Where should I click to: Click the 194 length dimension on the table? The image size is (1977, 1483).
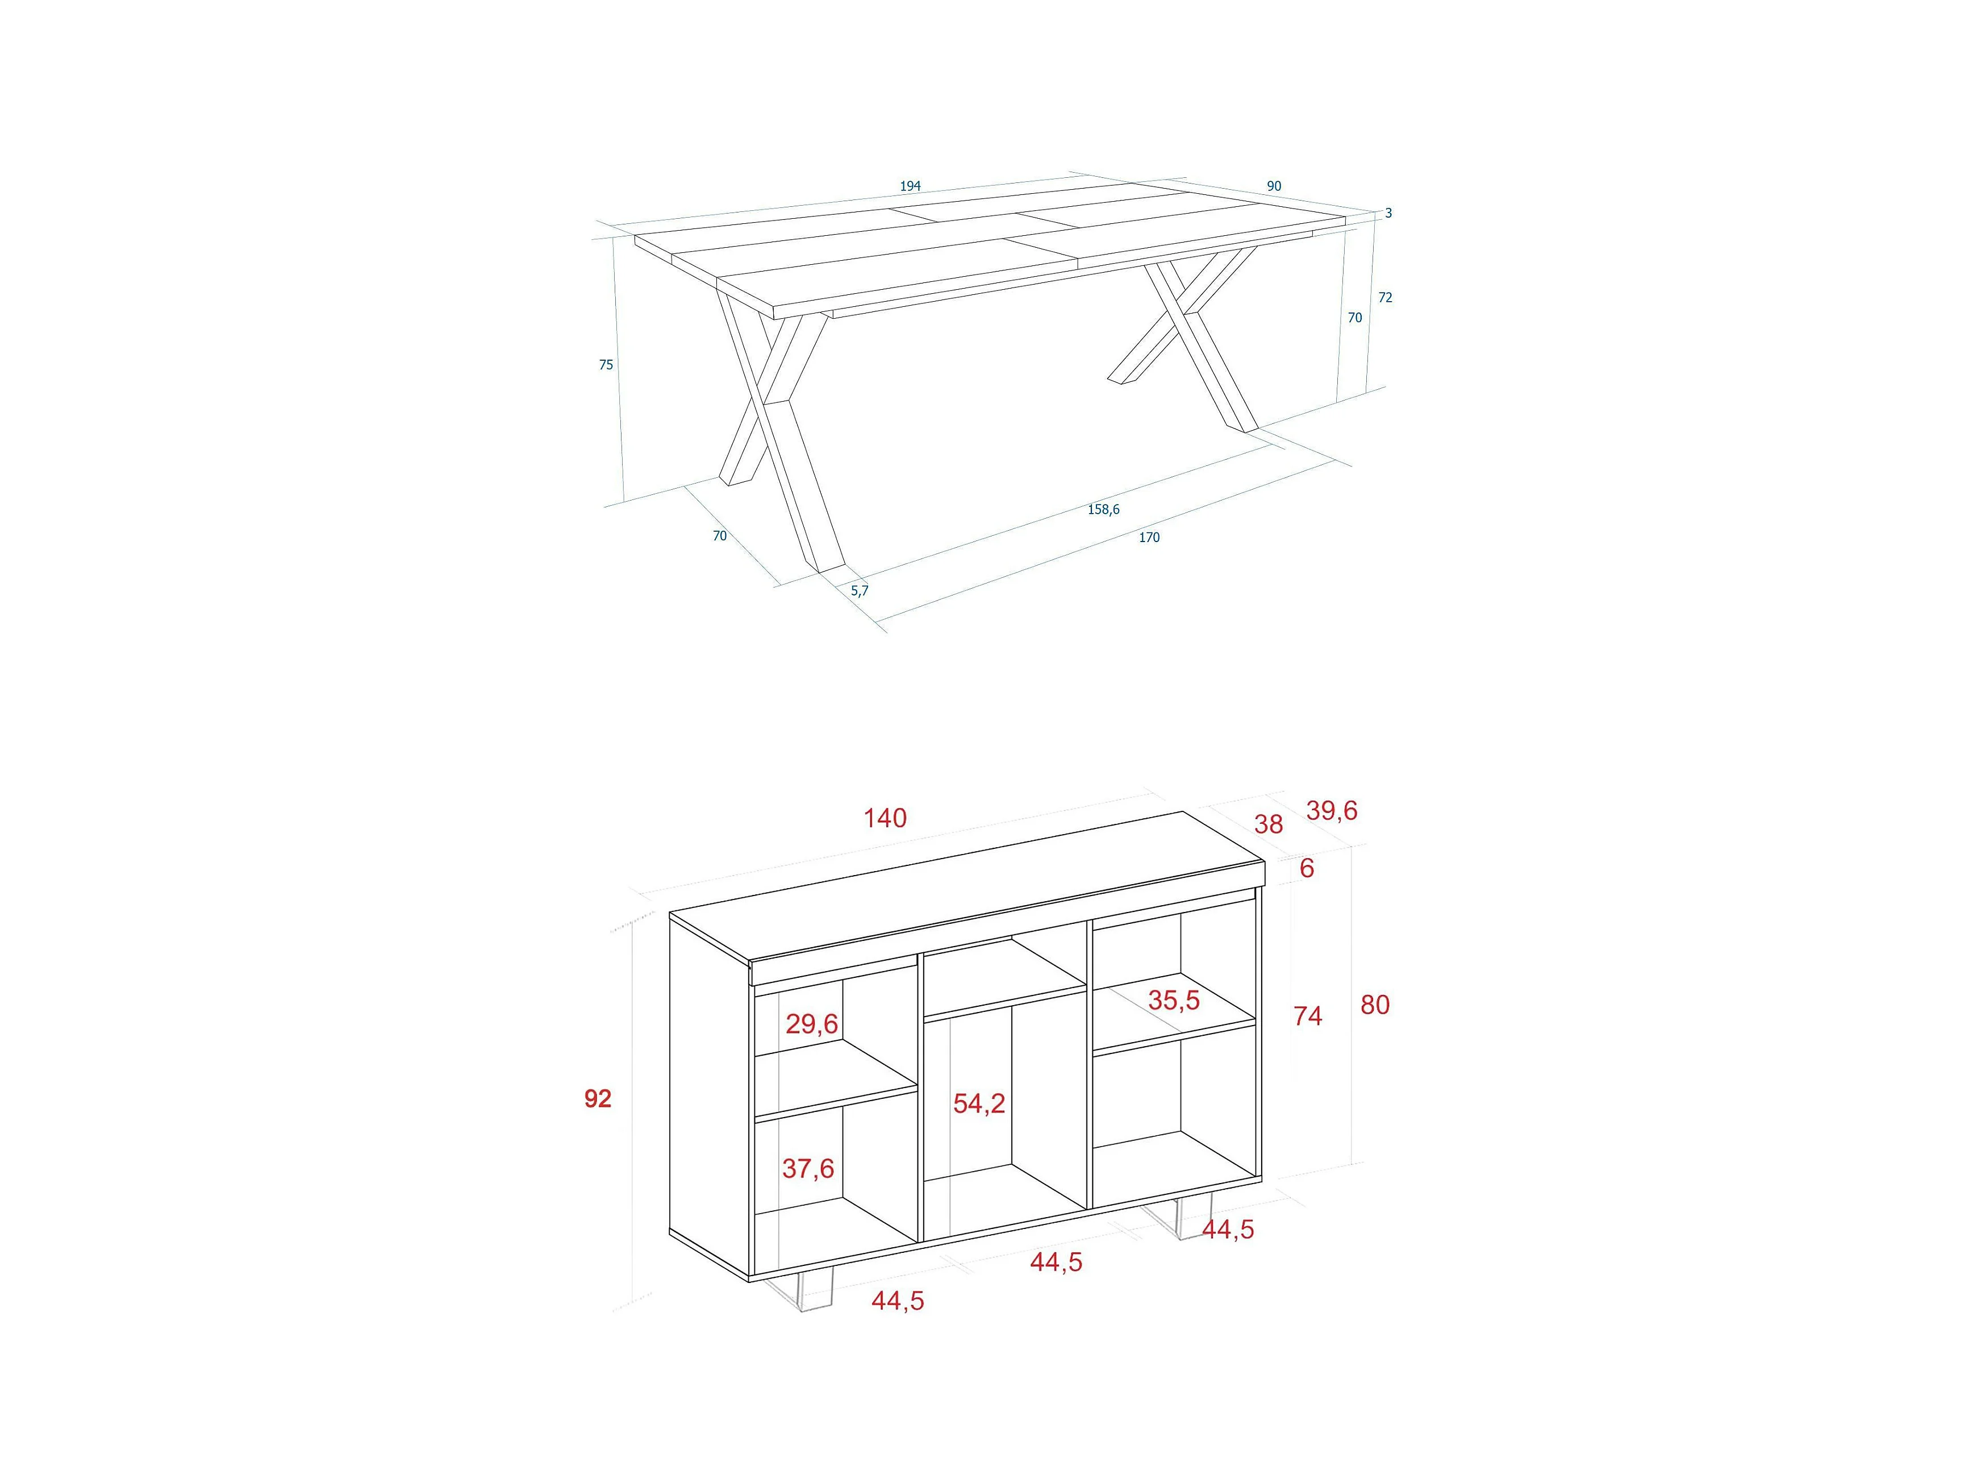[x=910, y=186]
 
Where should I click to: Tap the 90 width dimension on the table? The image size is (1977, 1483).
[x=1274, y=186]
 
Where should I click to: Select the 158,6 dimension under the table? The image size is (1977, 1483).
[x=1103, y=510]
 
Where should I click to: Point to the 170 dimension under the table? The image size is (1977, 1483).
[x=1149, y=538]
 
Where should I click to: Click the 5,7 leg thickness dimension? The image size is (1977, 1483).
[x=859, y=591]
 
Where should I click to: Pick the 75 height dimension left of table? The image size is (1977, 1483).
[x=606, y=365]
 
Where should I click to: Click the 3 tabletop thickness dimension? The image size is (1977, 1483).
[x=1388, y=214]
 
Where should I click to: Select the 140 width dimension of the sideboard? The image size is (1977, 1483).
[x=885, y=818]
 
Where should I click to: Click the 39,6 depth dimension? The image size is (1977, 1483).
[x=1332, y=811]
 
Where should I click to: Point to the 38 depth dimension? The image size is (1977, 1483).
[x=1268, y=824]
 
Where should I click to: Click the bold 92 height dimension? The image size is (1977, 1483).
[x=598, y=1099]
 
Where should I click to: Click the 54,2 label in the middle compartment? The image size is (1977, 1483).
[x=979, y=1104]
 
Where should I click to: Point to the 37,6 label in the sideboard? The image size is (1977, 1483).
[x=808, y=1168]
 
